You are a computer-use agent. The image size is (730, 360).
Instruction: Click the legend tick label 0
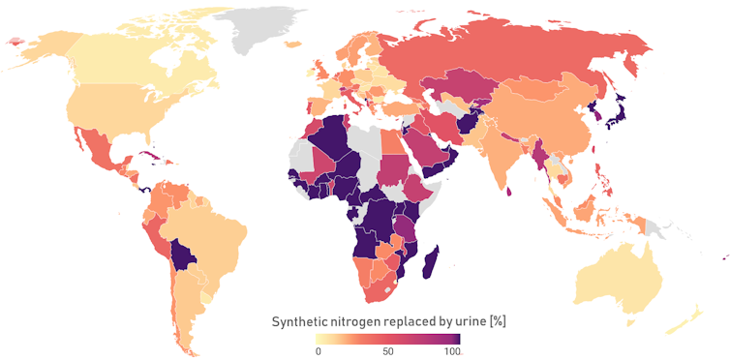(318, 350)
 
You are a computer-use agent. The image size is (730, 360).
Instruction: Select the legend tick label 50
(387, 350)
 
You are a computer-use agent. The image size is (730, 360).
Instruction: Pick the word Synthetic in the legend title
(303, 321)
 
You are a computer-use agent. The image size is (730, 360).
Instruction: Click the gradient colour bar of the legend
(387, 339)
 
